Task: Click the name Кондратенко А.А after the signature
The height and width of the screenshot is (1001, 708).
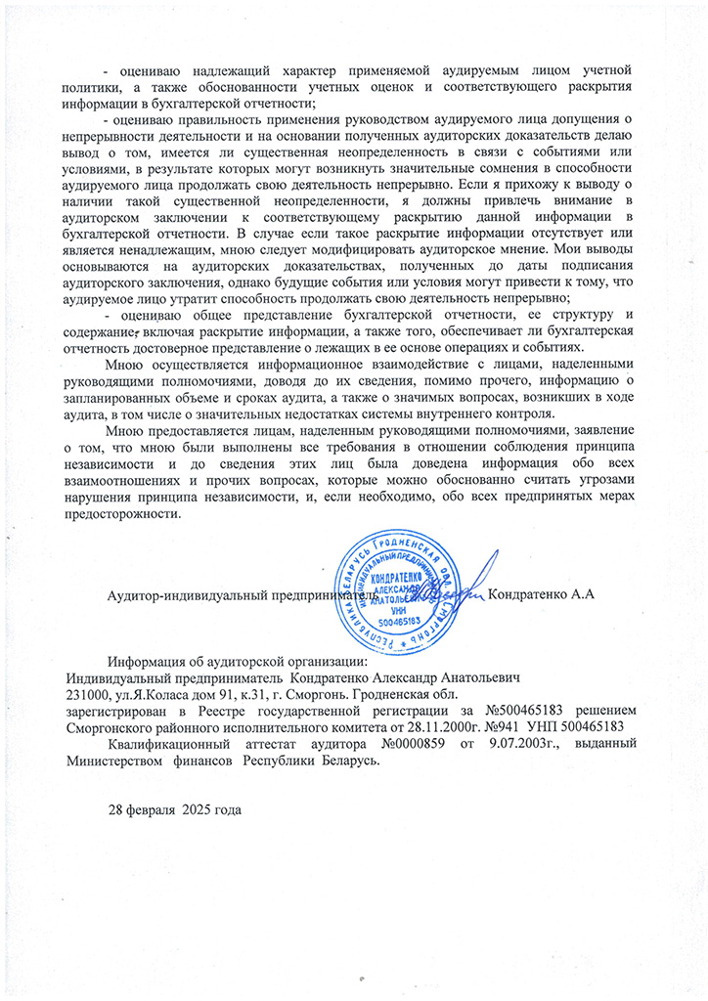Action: pyautogui.click(x=542, y=595)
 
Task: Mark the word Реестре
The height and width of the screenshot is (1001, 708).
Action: pyautogui.click(x=249, y=710)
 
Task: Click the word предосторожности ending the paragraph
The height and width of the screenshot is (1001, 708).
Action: pyautogui.click(x=123, y=517)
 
